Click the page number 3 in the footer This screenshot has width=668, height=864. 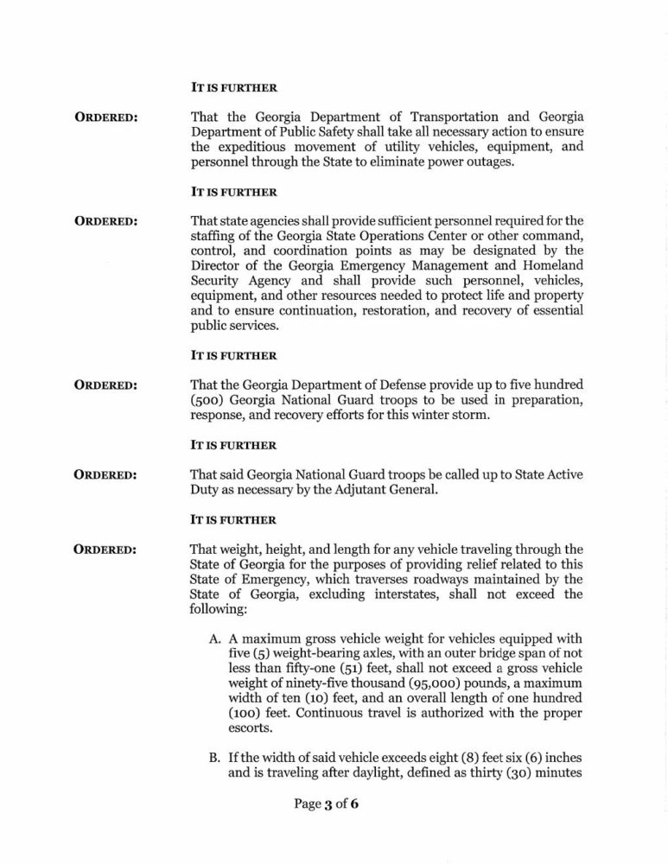(329, 804)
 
